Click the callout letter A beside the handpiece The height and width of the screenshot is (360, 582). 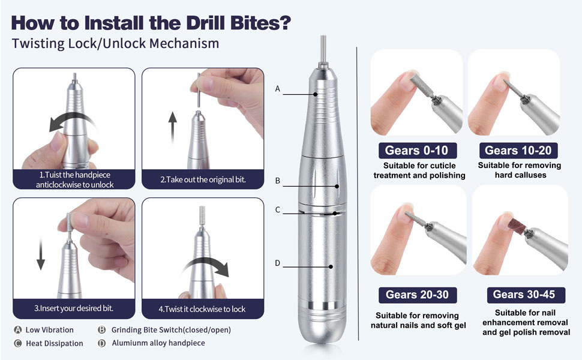tap(277, 89)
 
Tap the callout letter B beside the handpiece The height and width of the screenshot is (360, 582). tap(278, 181)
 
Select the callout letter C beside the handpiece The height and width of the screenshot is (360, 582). tap(278, 209)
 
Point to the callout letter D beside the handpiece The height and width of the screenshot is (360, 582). tap(278, 263)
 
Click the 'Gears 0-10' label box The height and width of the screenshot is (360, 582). tap(417, 151)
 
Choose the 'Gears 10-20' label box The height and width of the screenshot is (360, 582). tap(518, 151)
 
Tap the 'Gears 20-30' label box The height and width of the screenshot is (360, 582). tap(417, 295)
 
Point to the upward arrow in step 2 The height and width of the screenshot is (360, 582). tap(172, 128)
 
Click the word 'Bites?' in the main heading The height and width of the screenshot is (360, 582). tap(260, 23)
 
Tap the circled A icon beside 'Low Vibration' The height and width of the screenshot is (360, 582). tap(17, 329)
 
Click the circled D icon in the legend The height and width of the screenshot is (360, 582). tap(102, 343)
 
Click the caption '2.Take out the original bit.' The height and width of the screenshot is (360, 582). tap(203, 179)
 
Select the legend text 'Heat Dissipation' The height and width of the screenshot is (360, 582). tap(55, 343)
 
